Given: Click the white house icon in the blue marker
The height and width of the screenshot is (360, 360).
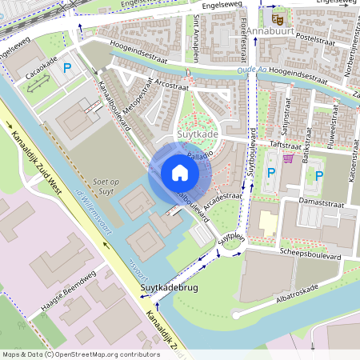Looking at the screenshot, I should (180, 173).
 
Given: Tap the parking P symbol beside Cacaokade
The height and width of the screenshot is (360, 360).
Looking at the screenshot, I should (67, 69).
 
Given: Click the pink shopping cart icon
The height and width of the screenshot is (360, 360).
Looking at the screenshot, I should (287, 158).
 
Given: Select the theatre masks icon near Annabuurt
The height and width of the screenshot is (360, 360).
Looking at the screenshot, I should (278, 18).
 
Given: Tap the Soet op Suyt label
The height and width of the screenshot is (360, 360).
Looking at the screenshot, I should (106, 186).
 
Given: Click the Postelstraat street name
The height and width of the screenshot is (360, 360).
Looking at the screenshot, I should (314, 38).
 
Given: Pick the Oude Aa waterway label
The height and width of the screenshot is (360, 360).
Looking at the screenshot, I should (254, 70).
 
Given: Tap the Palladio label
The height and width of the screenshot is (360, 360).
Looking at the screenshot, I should (200, 153).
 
